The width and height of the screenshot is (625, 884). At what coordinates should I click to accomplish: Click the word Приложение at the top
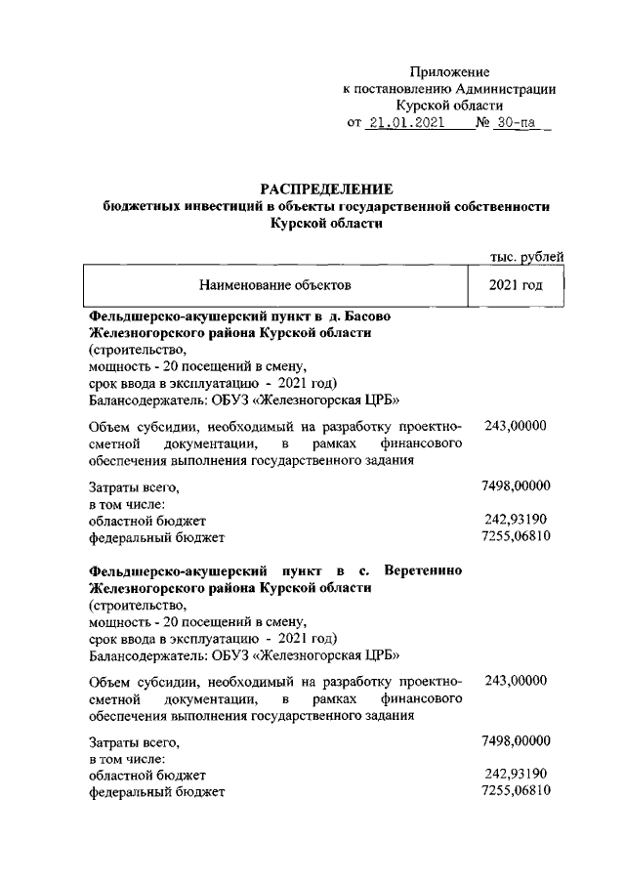click(x=449, y=72)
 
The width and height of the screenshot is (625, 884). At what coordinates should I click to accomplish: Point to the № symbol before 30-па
click(x=482, y=124)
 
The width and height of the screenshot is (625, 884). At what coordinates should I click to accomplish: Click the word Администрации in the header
click(x=508, y=89)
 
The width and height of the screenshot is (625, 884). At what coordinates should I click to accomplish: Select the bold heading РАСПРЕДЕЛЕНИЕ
click(x=326, y=188)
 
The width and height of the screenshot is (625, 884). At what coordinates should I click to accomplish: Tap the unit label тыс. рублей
click(x=526, y=257)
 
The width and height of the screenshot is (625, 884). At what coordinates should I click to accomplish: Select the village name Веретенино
click(x=424, y=569)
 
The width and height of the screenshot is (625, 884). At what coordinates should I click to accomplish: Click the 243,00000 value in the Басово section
click(x=516, y=426)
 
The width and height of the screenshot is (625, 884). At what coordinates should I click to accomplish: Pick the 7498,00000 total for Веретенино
click(x=516, y=739)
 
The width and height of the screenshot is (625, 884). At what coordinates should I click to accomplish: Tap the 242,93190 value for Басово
click(x=516, y=519)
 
